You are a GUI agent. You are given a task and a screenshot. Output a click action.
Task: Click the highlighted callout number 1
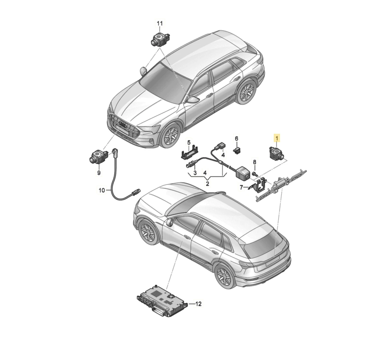[277, 139]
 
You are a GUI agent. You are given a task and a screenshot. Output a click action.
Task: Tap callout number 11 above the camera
[160, 24]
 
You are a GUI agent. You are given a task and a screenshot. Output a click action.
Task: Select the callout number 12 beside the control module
[199, 304]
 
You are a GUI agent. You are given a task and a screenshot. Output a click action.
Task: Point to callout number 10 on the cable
[102, 190]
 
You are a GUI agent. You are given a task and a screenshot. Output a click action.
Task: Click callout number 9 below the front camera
[99, 173]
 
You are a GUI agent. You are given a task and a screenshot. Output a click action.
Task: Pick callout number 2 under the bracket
[207, 184]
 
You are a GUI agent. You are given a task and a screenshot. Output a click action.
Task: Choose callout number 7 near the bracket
[241, 187]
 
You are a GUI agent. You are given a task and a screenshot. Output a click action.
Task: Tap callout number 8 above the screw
[254, 162]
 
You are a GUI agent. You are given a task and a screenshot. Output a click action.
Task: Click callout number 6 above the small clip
[236, 139]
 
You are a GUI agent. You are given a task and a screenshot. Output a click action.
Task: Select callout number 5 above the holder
[189, 143]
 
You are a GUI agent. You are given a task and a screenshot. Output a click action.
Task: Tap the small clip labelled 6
[236, 150]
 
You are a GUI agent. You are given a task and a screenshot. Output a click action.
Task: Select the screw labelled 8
[254, 174]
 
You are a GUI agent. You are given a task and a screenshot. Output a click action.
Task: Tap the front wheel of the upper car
[170, 135]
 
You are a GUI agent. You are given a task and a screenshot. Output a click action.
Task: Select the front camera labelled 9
[98, 156]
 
